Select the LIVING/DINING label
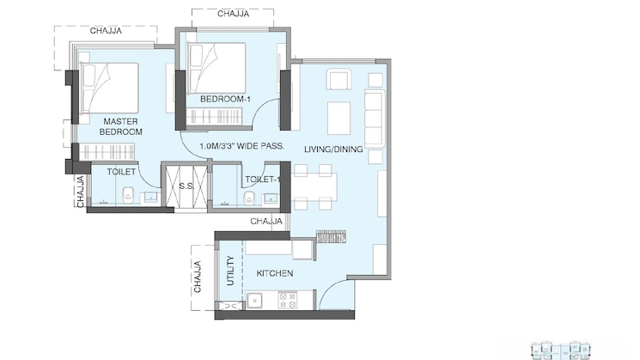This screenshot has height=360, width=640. tap(333, 149)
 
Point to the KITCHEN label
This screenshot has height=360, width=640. tap(275, 273)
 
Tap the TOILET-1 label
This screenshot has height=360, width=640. tap(260, 180)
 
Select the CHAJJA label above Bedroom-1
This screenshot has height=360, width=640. tap(234, 14)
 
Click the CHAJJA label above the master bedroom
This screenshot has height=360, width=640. tap(106, 31)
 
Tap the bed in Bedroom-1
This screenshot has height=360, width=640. tap(218, 68)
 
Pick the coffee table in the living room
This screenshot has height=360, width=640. tap(339, 118)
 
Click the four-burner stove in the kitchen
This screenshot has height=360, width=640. tap(287, 301)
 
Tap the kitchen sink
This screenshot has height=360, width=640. tap(255, 301)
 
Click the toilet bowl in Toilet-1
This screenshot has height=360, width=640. tap(249, 198)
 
